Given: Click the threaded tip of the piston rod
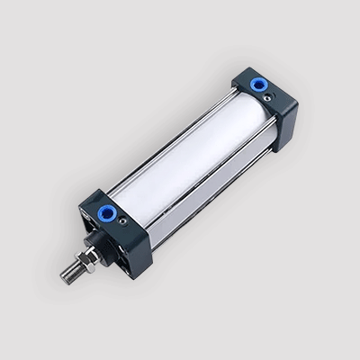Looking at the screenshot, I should (x=68, y=273).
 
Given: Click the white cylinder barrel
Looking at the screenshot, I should (x=189, y=162).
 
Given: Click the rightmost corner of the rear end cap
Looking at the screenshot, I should (x=298, y=112).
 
